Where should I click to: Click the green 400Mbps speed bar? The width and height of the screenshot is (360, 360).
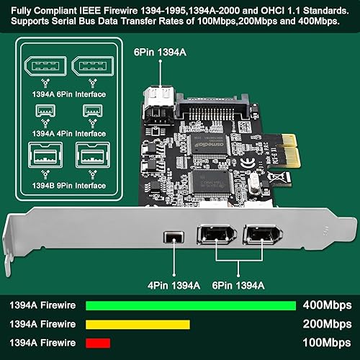pos(190,305)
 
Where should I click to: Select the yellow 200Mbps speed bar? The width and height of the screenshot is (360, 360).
pos(138,324)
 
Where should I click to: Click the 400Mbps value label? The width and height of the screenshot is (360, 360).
pos(325,305)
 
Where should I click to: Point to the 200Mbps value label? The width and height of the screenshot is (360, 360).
pos(325,324)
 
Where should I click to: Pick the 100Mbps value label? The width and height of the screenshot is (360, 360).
pos(325,343)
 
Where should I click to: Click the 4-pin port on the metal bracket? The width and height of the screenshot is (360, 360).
pos(172,235)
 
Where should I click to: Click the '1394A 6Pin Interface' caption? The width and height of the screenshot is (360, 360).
pos(58,95)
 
